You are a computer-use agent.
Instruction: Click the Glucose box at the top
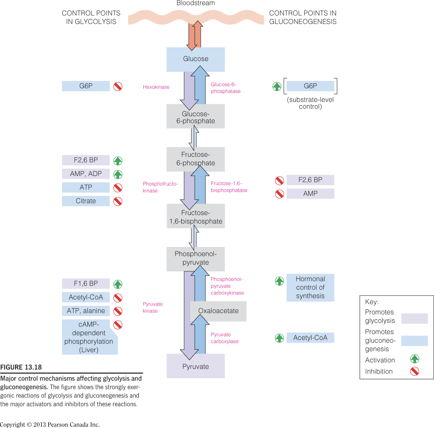(x=196, y=59)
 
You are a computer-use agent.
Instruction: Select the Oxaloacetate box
(x=218, y=311)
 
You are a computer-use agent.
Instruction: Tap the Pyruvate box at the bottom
(x=196, y=366)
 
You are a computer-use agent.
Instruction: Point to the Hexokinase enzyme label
(x=156, y=87)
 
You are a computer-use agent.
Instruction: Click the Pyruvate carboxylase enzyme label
(x=225, y=338)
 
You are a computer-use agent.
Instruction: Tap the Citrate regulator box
(x=86, y=201)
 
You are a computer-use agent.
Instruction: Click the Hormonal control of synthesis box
(x=310, y=288)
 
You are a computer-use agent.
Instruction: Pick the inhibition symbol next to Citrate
(x=118, y=201)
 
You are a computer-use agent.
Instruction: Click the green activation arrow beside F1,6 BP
(x=118, y=284)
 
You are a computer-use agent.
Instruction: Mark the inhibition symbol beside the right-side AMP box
(x=279, y=194)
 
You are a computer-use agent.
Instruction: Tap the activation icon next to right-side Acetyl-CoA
(x=279, y=338)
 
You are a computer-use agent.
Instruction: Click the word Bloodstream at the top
(x=196, y=3)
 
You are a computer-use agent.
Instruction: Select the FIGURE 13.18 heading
(x=21, y=367)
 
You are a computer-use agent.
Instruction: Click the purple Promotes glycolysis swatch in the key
(x=414, y=318)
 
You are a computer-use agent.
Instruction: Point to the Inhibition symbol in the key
(x=415, y=372)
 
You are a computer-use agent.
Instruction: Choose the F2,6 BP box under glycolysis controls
(x=86, y=160)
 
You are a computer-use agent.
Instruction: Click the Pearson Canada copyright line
(x=50, y=424)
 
